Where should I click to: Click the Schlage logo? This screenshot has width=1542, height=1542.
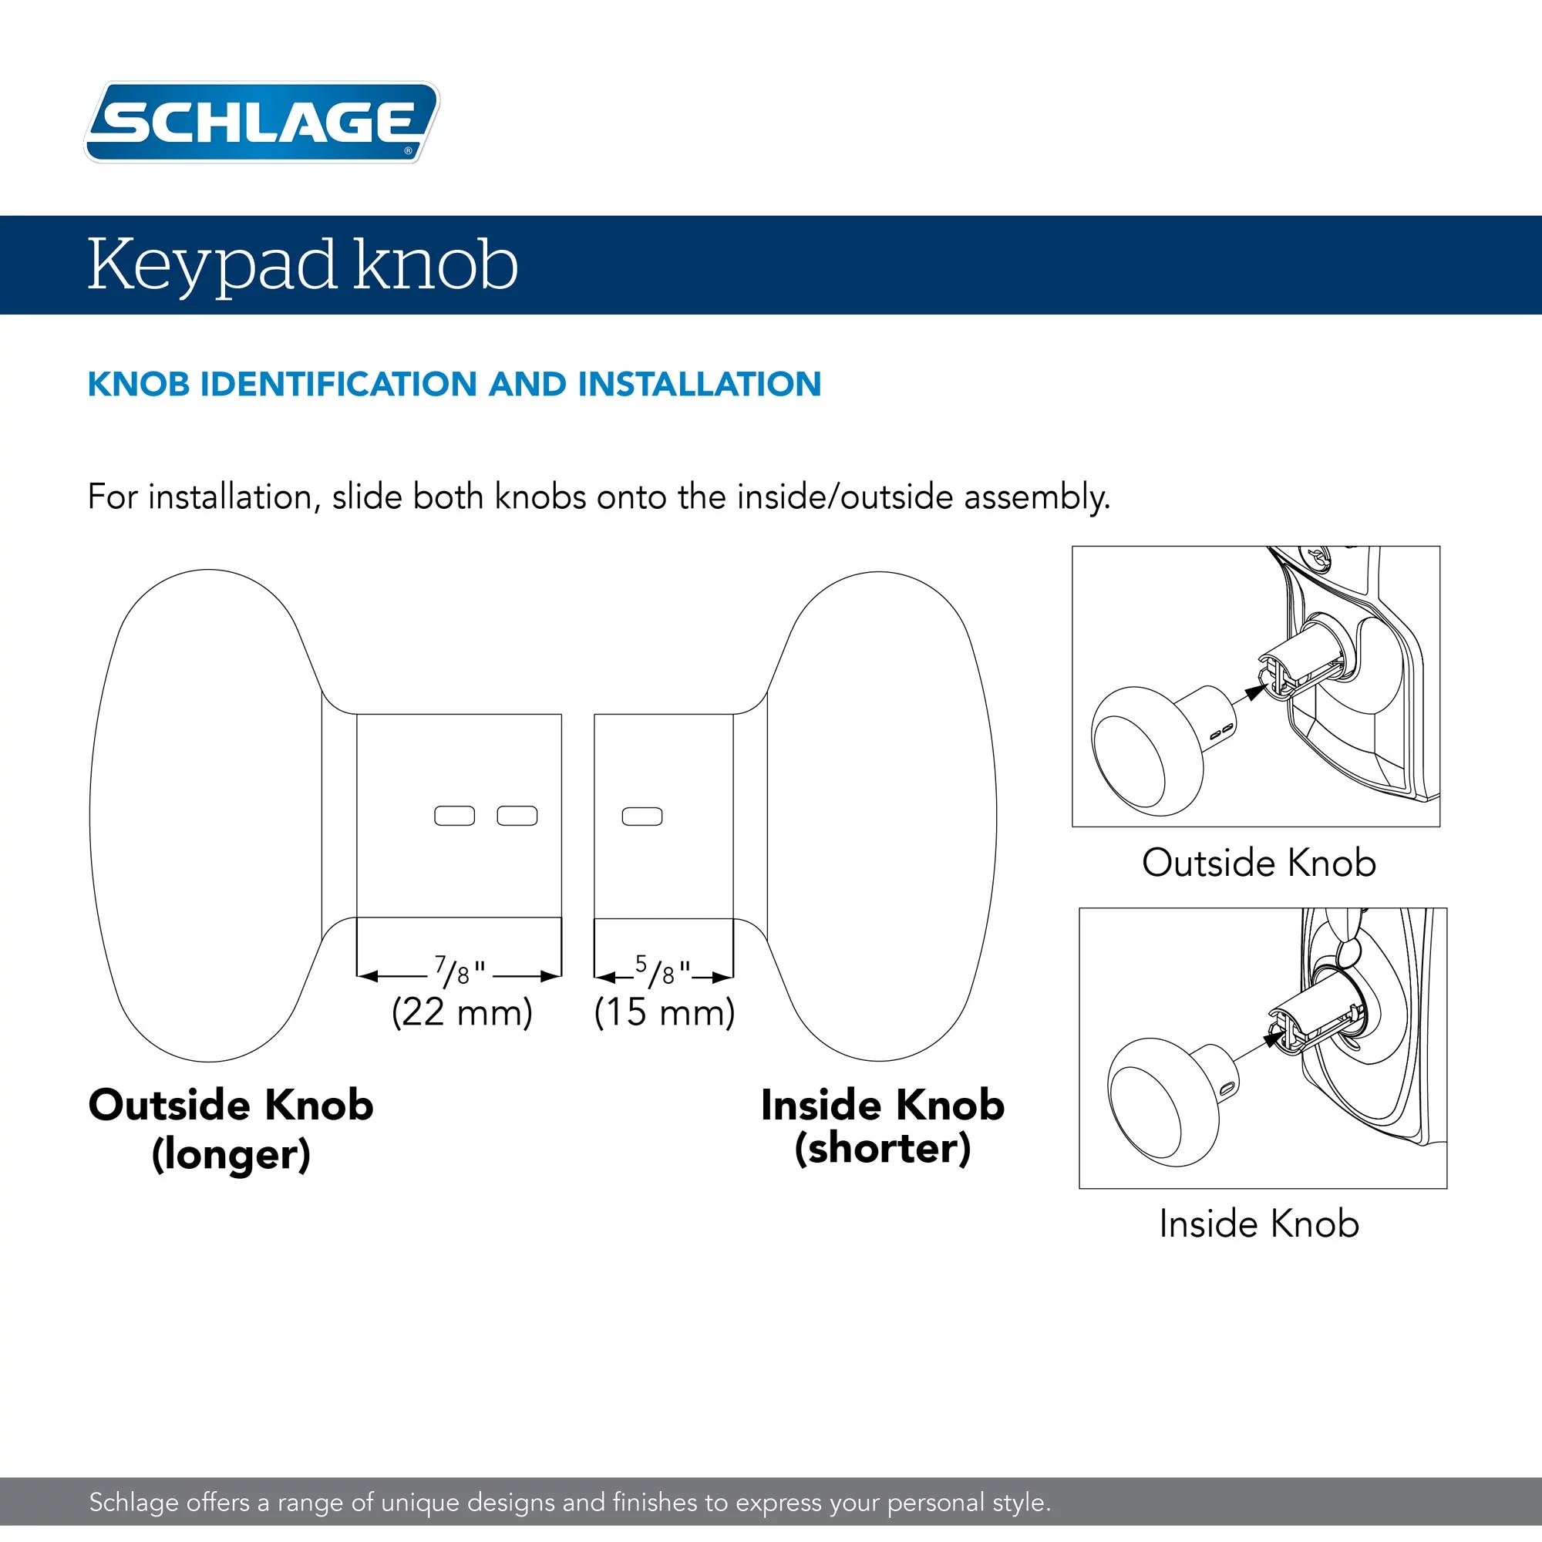click(x=262, y=122)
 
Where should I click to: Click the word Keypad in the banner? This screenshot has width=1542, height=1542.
click(x=211, y=265)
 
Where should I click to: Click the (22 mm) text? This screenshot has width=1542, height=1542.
click(x=461, y=1012)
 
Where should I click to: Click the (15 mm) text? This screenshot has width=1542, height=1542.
click(x=664, y=1012)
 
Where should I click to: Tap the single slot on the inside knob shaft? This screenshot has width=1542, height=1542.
click(x=641, y=816)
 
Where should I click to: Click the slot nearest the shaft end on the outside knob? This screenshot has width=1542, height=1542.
click(x=517, y=815)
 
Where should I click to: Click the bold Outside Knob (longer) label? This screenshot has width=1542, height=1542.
click(x=231, y=1128)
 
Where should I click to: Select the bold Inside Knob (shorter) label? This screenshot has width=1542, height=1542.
click(x=882, y=1126)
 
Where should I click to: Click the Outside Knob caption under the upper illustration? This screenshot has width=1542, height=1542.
click(x=1259, y=863)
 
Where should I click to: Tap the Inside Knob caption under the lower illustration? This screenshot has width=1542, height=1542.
click(x=1259, y=1224)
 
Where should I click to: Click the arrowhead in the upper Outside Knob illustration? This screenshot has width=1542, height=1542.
click(x=1254, y=691)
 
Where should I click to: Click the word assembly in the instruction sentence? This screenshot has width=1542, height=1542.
click(x=1037, y=497)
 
